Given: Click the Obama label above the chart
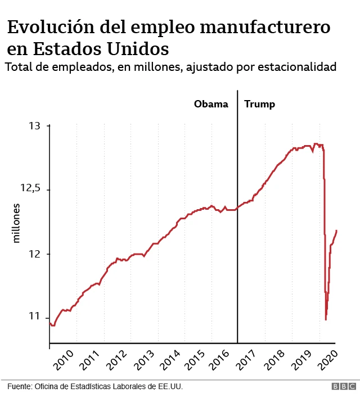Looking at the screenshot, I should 211,104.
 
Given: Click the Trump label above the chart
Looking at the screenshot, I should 259,104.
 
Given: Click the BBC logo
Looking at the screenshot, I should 343,387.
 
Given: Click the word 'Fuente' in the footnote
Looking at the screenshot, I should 19,387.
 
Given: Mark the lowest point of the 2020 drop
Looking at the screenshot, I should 326,319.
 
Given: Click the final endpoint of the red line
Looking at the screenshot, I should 336,230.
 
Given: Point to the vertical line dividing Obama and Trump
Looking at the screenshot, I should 237,225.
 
